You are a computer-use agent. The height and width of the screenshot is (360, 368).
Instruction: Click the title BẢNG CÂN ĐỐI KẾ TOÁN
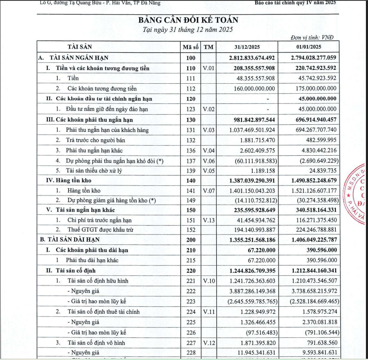click(x=188, y=20)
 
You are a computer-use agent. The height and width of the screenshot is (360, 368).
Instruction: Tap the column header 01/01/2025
click(x=309, y=47)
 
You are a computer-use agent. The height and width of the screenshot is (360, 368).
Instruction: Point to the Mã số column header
click(x=190, y=47)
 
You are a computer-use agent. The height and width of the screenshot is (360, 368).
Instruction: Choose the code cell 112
click(x=191, y=89)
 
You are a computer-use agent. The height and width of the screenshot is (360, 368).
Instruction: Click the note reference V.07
click(x=208, y=190)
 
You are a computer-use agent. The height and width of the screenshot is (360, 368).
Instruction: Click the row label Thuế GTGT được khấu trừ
click(x=99, y=229)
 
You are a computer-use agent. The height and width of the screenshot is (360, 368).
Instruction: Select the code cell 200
click(x=191, y=240)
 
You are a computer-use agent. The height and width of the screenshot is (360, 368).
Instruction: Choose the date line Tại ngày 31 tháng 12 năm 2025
click(x=188, y=29)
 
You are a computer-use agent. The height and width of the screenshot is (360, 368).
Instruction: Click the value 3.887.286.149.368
click(x=252, y=291)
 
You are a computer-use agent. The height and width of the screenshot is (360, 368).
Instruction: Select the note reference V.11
click(x=208, y=311)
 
